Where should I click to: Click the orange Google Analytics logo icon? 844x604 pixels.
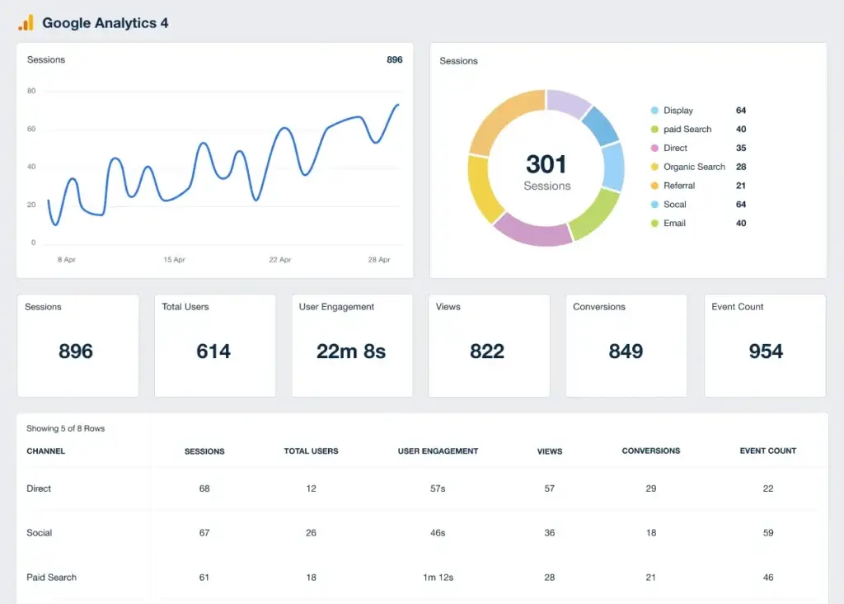point(26,23)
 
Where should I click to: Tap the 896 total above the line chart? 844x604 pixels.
point(394,60)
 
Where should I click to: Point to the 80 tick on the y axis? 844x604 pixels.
point(31,91)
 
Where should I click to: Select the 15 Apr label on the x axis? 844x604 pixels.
point(174,260)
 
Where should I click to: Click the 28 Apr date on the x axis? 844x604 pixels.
point(379,260)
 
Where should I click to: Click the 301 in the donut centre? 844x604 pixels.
point(546,163)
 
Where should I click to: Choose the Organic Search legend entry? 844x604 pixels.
point(694,167)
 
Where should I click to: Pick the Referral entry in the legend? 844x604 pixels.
point(679,186)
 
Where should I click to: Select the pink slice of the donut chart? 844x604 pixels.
point(532,231)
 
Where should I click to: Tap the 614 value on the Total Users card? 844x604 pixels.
point(213,352)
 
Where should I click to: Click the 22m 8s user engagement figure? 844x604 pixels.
point(351,352)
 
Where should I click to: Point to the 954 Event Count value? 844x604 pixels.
point(766,352)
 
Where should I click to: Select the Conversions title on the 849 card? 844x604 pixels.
point(599,307)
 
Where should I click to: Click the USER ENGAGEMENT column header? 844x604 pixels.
point(438,451)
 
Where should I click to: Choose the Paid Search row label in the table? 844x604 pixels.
point(51,578)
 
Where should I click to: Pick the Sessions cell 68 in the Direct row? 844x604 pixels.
point(204,488)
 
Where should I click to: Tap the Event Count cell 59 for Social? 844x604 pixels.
point(768,533)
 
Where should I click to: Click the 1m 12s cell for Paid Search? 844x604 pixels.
point(438,578)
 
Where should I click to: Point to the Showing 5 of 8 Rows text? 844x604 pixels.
point(66,429)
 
